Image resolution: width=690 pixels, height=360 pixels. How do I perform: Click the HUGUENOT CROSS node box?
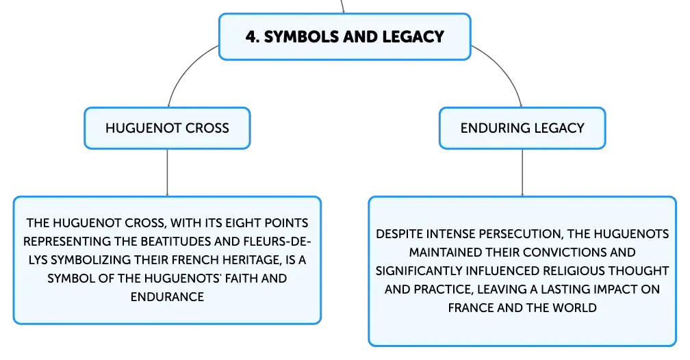coord(167,128)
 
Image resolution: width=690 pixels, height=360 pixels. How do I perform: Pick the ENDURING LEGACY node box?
coord(522,128)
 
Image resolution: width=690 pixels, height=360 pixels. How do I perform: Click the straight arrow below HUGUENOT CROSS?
coord(167,172)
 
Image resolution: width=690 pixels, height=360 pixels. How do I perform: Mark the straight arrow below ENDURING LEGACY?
coord(522,172)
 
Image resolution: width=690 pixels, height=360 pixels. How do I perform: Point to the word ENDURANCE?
coord(167,297)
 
